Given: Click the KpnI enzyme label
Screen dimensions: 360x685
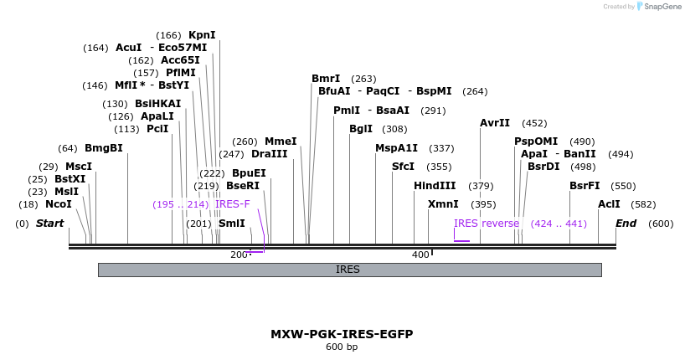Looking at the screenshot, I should [202, 35].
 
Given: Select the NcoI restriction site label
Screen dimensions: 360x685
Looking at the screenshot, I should [59, 204].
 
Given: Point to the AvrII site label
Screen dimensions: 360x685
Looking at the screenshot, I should [495, 123].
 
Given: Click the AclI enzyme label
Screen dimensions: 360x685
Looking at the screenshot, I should [610, 204].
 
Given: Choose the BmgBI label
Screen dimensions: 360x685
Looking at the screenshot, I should [104, 148].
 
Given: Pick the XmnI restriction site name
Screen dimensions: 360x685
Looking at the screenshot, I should [443, 204].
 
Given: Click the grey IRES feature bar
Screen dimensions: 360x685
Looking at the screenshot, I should [349, 270].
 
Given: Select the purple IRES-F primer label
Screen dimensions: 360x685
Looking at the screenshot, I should [233, 204].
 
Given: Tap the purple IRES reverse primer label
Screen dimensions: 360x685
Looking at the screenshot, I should [487, 224].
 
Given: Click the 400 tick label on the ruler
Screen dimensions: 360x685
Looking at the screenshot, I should [420, 255].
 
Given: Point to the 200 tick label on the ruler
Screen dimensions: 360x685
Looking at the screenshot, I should [239, 255].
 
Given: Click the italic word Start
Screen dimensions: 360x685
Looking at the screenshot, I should [49, 224].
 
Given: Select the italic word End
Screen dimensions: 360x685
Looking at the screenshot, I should [626, 224].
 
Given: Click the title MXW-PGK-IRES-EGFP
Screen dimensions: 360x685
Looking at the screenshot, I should [342, 334].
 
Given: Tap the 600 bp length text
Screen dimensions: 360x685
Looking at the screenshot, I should [342, 347].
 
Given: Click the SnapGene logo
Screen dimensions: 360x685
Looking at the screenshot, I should [660, 7].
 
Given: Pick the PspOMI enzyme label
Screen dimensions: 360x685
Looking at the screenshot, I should [536, 141].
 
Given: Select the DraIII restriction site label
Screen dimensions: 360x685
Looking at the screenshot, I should [270, 154].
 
